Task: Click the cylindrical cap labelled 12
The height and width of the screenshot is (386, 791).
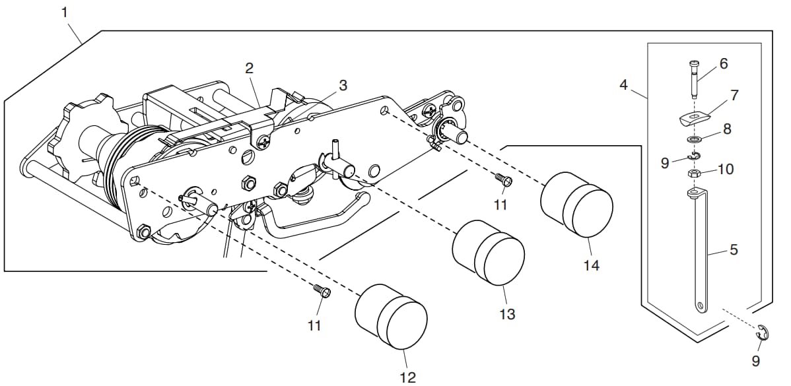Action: click(x=391, y=316)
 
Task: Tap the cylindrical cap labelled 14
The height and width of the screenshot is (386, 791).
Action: click(x=576, y=204)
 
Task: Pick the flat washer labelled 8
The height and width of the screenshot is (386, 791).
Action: click(x=694, y=139)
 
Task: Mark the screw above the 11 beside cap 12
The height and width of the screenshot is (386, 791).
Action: click(x=322, y=290)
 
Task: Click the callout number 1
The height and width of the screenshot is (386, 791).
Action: click(x=65, y=13)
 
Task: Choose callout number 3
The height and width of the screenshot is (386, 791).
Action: click(x=343, y=85)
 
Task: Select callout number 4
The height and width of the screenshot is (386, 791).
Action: click(x=624, y=85)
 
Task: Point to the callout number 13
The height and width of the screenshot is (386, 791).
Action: click(x=507, y=314)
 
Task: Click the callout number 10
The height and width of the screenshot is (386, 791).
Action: click(x=726, y=169)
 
